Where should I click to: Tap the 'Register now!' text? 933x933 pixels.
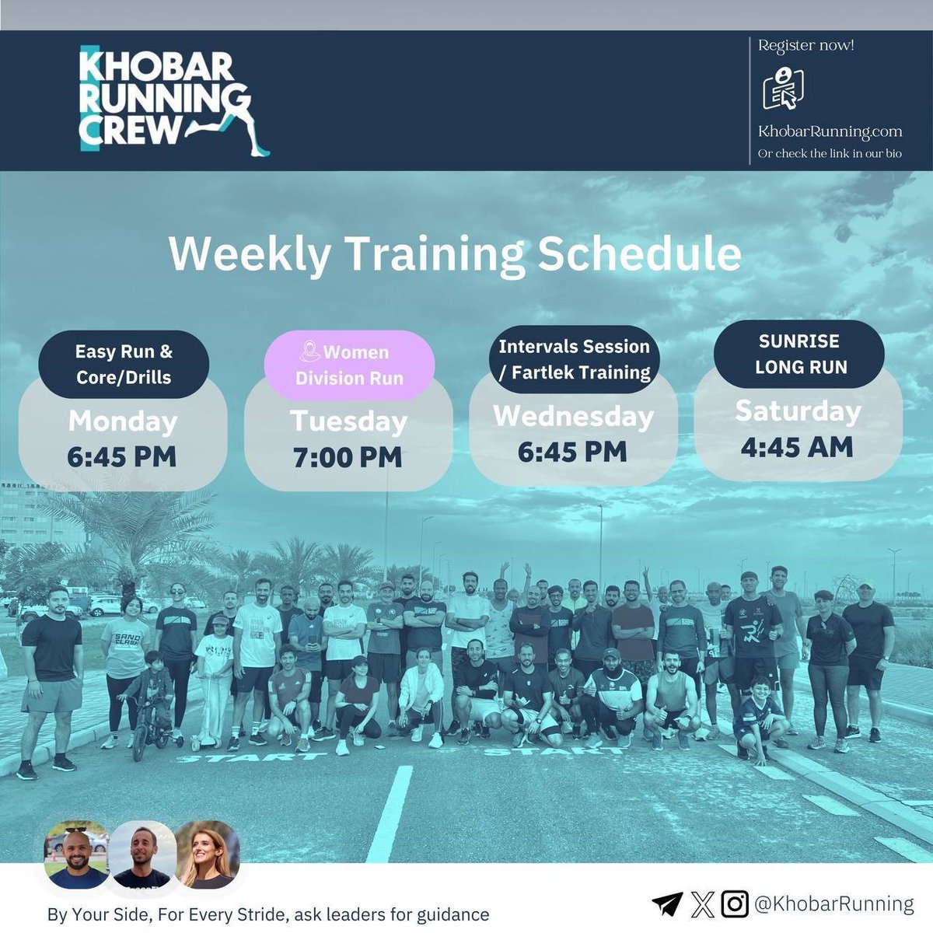[805, 46]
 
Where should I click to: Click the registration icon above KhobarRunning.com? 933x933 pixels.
[783, 89]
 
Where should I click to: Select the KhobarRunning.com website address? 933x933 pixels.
[830, 131]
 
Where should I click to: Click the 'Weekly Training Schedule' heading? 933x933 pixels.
[455, 254]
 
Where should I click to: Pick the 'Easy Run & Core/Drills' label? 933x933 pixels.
[124, 364]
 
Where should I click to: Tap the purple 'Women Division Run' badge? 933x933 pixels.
[349, 365]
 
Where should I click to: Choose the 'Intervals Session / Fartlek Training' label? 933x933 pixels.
[574, 359]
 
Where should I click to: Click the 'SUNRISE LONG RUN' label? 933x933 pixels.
[798, 354]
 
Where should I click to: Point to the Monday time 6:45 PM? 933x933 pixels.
[122, 456]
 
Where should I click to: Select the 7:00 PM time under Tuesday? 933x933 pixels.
[348, 457]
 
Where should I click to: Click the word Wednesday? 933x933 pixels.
[573, 416]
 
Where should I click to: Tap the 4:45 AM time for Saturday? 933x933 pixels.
[797, 447]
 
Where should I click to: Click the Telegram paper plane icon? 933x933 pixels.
[667, 903]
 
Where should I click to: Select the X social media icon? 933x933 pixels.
[702, 903]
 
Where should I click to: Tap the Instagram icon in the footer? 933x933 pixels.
[735, 903]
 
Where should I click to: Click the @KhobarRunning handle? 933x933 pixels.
[834, 903]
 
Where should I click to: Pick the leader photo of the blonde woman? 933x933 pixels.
[207, 855]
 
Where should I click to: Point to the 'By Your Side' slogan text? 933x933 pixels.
[268, 914]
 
